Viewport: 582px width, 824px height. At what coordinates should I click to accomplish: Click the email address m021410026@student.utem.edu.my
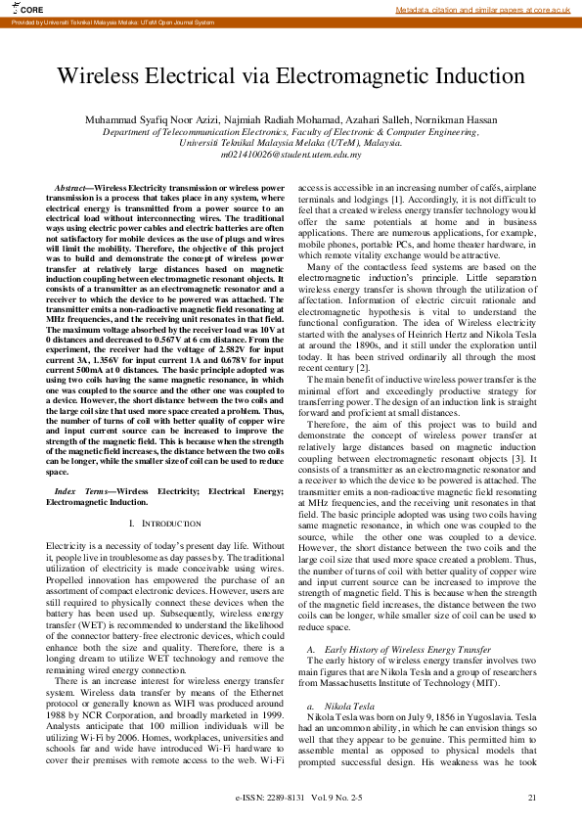[291, 154]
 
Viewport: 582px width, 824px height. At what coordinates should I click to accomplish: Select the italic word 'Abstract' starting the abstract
[69, 186]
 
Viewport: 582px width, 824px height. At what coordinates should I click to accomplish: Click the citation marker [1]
[396, 199]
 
